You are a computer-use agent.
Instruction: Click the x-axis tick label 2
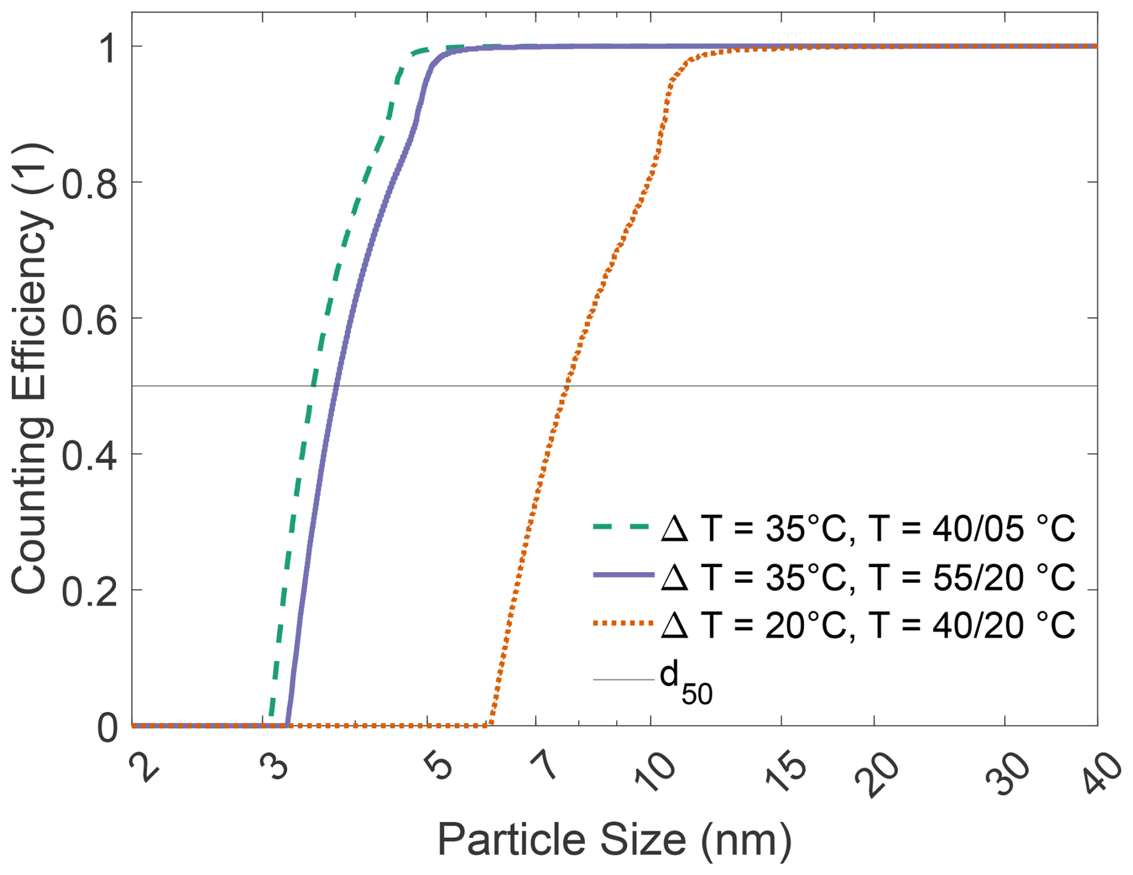(144, 767)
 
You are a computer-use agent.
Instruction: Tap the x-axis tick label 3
(275, 765)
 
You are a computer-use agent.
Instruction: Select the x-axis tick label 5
(439, 766)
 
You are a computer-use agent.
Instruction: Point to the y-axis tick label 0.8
(90, 182)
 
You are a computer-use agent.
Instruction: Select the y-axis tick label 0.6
(90, 318)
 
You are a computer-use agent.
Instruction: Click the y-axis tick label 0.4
(90, 454)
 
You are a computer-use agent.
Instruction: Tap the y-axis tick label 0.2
(90, 590)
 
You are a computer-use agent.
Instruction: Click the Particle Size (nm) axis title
(614, 840)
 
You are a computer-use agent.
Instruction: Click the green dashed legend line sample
(623, 527)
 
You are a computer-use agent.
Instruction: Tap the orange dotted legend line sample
(623, 623)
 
